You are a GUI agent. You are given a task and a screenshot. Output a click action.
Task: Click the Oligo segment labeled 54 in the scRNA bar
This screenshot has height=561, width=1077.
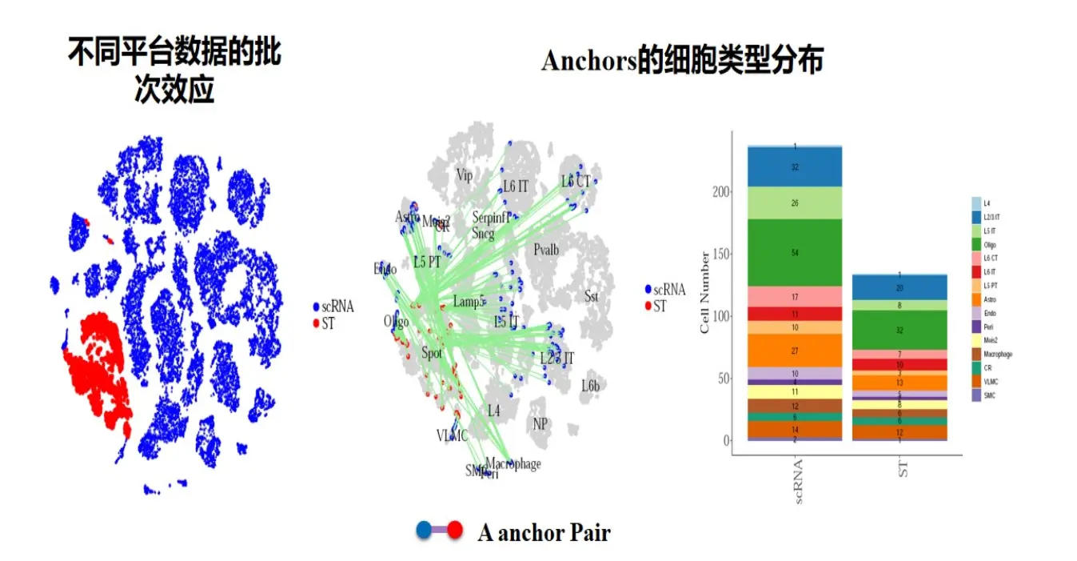click(795, 253)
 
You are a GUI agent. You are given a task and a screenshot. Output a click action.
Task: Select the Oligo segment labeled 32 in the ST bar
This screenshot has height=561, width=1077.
click(899, 330)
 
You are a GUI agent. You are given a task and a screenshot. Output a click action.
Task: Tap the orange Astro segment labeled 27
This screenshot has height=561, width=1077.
click(795, 351)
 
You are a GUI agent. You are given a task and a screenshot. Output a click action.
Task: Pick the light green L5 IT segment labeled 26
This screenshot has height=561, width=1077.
click(795, 203)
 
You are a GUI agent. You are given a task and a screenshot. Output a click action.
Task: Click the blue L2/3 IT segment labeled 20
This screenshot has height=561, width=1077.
click(899, 287)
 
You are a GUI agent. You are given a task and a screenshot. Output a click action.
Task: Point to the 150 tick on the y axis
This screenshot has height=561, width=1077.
click(720, 254)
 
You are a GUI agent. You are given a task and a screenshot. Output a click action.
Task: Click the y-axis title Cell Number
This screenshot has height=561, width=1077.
click(704, 292)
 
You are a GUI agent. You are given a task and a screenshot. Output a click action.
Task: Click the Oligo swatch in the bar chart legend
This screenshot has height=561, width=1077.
click(976, 244)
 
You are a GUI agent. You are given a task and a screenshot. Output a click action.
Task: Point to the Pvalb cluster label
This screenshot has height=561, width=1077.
click(546, 250)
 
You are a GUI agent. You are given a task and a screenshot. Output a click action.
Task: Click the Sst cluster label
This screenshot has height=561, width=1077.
click(591, 297)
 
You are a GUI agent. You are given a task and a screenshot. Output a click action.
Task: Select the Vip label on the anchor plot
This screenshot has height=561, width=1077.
click(465, 174)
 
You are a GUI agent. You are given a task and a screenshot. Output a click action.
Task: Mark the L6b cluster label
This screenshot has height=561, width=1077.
click(590, 386)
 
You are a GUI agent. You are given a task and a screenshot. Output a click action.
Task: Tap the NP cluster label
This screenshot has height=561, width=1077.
click(540, 423)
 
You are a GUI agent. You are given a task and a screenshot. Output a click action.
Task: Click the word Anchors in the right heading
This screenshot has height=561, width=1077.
click(588, 61)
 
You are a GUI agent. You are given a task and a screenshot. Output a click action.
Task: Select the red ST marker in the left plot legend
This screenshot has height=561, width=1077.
click(317, 324)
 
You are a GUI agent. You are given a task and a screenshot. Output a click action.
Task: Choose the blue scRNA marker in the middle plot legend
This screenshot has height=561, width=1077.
click(648, 290)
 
